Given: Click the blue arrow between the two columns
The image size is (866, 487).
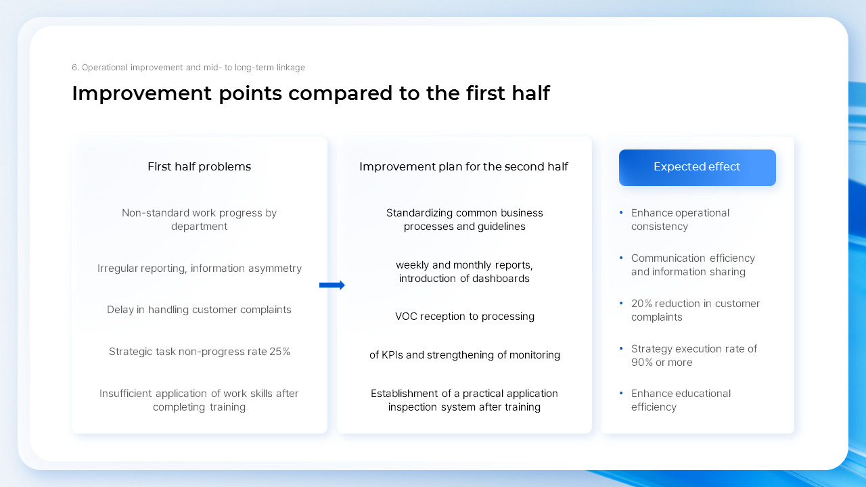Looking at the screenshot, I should [x=332, y=285].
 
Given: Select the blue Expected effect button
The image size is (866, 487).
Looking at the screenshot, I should [x=697, y=167].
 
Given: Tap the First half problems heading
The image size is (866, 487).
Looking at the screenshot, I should [x=199, y=167].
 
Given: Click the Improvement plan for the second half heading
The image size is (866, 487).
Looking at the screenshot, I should [x=463, y=167].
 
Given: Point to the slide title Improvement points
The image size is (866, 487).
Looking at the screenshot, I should [x=311, y=93].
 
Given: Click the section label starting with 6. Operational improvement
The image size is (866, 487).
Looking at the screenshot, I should [x=188, y=68].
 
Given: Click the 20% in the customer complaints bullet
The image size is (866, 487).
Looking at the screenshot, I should [x=641, y=304].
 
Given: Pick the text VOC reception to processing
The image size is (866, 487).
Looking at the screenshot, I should [x=465, y=317].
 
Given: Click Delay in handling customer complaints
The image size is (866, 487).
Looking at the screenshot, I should [x=199, y=310].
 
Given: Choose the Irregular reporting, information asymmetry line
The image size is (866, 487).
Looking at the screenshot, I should [x=199, y=269].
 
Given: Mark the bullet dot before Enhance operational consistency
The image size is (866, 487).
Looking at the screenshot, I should [x=621, y=213].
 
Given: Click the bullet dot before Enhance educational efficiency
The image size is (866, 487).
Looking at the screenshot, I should [x=621, y=394].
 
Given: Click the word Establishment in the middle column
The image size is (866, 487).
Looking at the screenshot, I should [x=403, y=394].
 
